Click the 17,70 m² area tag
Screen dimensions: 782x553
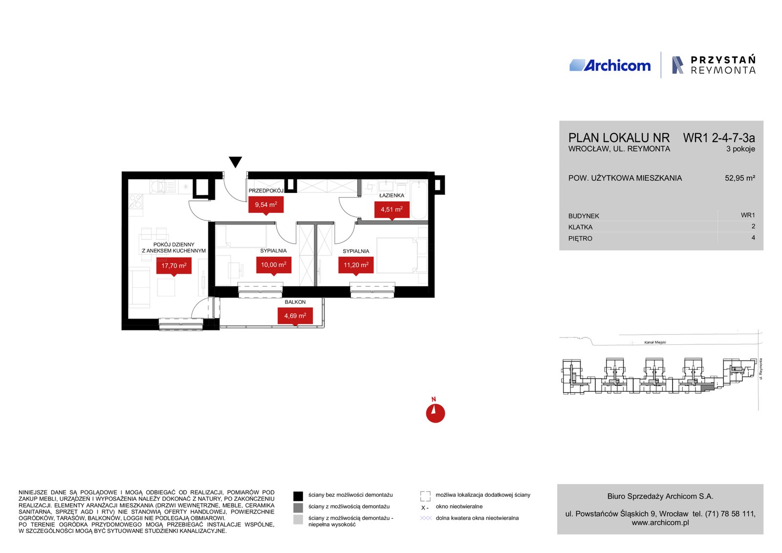pyautogui.click(x=174, y=266)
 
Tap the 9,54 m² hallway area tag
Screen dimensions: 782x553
pyautogui.click(x=266, y=205)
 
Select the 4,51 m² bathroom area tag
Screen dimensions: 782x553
pyautogui.click(x=391, y=210)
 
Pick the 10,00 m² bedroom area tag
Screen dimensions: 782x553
pyautogui.click(x=274, y=265)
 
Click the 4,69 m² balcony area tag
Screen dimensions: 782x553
pyautogui.click(x=295, y=316)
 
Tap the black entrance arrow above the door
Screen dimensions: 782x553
pyautogui.click(x=235, y=162)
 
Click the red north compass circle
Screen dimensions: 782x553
pyautogui.click(x=435, y=413)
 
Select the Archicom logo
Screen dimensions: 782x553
pyautogui.click(x=610, y=65)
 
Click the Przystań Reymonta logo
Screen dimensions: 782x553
pyautogui.click(x=714, y=65)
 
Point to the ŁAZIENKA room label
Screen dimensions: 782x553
pyautogui.click(x=391, y=195)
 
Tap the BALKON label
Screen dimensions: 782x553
pyautogui.click(x=295, y=302)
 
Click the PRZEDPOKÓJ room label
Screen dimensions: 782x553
pyautogui.click(x=266, y=191)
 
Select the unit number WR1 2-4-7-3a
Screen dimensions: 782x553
pyautogui.click(x=719, y=138)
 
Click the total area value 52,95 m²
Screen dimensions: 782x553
pyautogui.click(x=740, y=178)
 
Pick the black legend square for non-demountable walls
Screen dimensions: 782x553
pyautogui.click(x=298, y=496)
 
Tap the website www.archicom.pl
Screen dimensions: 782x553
pyautogui.click(x=660, y=523)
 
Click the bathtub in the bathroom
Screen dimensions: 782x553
pyautogui.click(x=418, y=200)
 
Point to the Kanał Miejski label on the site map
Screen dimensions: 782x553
pyautogui.click(x=655, y=342)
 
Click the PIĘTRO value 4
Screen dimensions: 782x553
pyautogui.click(x=753, y=237)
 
